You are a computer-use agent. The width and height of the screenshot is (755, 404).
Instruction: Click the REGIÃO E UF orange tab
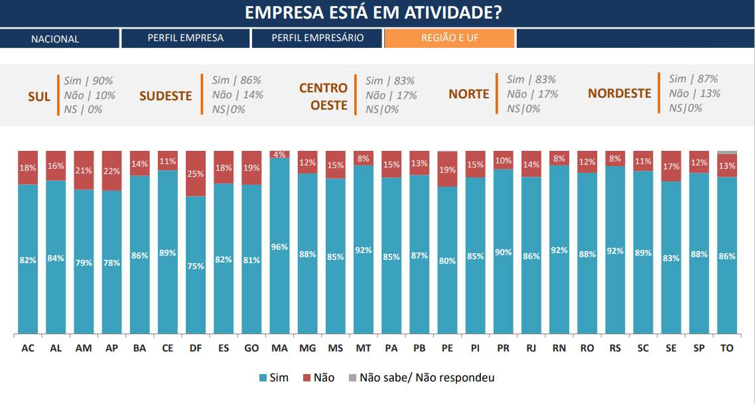pos(449,39)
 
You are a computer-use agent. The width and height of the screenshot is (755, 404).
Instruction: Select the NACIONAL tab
pos(55,39)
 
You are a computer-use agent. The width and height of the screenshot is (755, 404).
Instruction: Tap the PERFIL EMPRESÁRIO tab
pos(317,39)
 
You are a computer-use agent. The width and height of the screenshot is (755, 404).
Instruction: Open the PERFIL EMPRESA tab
pos(185,39)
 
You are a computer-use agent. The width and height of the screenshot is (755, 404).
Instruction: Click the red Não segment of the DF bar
pos(196,173)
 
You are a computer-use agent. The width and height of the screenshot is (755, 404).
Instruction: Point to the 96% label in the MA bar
pos(279,247)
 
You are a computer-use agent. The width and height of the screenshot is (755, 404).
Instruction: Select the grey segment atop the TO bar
pos(727,152)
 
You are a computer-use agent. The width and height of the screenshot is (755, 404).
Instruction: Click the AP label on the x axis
pos(111,348)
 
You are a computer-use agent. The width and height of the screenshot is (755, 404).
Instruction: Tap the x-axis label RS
pos(615,348)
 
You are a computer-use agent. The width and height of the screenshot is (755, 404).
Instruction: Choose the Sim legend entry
pos(273,377)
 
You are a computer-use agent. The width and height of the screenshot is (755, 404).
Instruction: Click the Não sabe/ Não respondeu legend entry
pos(420,377)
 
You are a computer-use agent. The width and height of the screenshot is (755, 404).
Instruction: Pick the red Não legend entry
pos(318,377)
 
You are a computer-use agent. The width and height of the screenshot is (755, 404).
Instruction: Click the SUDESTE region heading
pos(165,96)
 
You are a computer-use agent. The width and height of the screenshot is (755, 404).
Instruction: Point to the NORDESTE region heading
pos(619,94)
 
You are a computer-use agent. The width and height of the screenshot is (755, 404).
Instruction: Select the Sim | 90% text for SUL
pos(89,80)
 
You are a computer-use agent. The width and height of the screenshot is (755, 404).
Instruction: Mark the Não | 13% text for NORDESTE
pos(694,94)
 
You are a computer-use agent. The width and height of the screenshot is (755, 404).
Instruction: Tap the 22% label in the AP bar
pos(111,171)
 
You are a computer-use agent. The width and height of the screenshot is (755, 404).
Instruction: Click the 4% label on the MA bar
pos(279,155)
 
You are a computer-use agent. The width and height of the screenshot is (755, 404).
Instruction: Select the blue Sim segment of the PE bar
pos(447,260)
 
